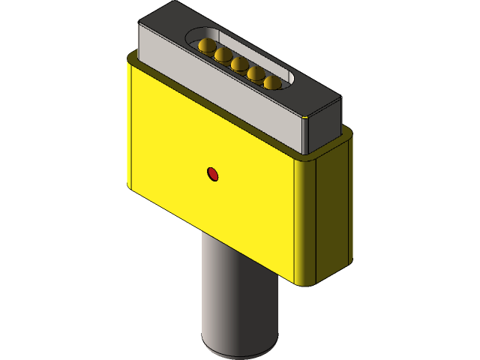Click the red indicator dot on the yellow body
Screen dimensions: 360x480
[x=213, y=175]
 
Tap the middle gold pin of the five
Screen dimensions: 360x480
[x=239, y=64]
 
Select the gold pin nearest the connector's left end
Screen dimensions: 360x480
[x=205, y=46]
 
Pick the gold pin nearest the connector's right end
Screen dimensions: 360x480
[x=272, y=82]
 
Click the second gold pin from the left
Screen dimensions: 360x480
[x=222, y=55]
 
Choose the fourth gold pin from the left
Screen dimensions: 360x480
[x=256, y=73]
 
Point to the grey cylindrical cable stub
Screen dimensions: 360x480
[x=238, y=300]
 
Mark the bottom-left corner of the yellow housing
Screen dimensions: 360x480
[x=129, y=184]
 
